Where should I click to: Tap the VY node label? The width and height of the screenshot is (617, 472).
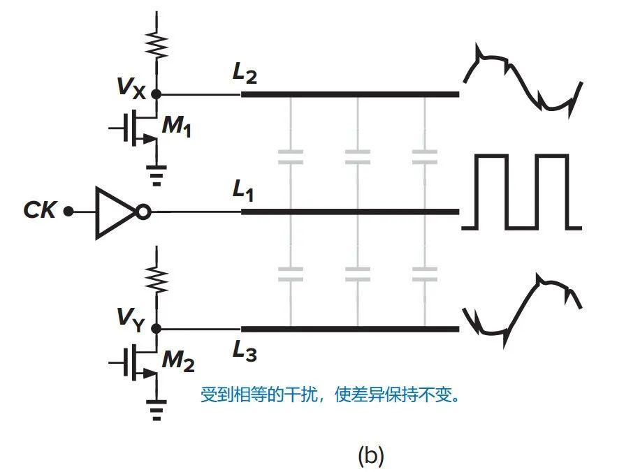pyautogui.click(x=132, y=323)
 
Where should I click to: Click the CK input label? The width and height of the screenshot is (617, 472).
pyautogui.click(x=39, y=210)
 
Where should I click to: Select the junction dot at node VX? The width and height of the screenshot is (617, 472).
pyautogui.click(x=157, y=94)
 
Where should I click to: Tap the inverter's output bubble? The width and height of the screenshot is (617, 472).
pyautogui.click(x=143, y=211)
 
